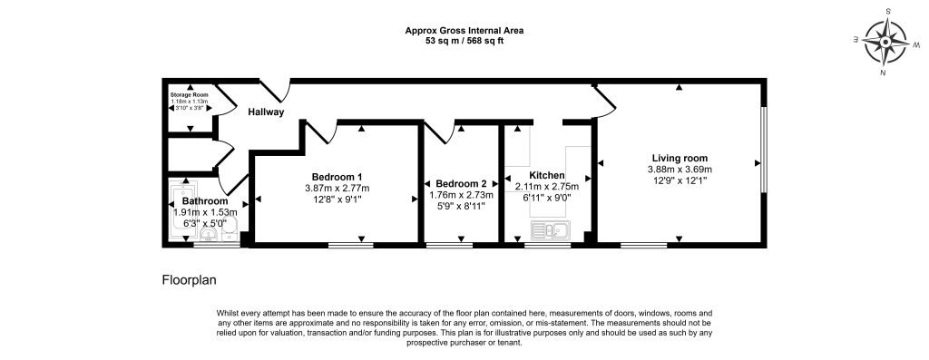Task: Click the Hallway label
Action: [266, 112]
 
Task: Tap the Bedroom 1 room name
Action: [337, 177]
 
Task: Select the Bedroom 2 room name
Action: [461, 183]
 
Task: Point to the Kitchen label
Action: [546, 175]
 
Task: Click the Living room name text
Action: [680, 158]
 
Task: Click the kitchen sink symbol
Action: [551, 230]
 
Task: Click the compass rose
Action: [885, 43]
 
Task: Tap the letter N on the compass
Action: [883, 73]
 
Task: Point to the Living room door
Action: [604, 100]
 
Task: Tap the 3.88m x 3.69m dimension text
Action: [680, 170]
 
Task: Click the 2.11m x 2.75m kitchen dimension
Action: [546, 186]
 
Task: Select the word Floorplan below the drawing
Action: [189, 280]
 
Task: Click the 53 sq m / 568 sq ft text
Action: [464, 40]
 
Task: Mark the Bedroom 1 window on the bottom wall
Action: [351, 245]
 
